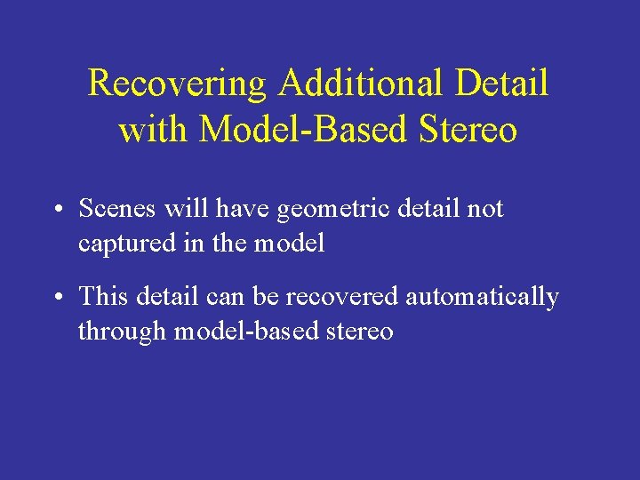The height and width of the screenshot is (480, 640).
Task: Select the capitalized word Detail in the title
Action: [502, 84]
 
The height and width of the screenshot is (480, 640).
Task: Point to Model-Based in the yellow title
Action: [300, 131]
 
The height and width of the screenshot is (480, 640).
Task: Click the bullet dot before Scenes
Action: [56, 211]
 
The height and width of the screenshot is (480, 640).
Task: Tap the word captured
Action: [118, 244]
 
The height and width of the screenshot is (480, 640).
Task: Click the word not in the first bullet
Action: [485, 209]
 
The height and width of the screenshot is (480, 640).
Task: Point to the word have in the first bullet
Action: [246, 209]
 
